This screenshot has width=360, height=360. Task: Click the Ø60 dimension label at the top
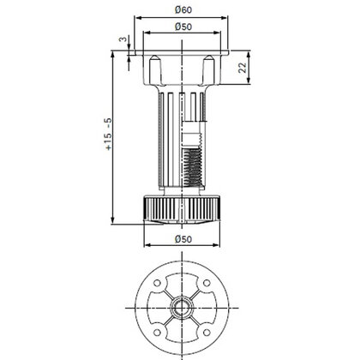click(183, 10)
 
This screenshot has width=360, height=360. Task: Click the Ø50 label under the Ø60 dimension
click(183, 27)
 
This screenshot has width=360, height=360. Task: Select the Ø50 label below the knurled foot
click(183, 239)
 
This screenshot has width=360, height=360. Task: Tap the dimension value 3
click(123, 39)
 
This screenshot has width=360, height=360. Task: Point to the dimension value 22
click(243, 68)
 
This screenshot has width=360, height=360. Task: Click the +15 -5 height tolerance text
click(109, 134)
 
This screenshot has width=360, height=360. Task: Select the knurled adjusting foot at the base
click(182, 208)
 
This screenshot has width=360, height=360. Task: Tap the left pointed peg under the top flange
click(155, 69)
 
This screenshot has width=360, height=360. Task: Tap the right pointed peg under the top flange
click(208, 69)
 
